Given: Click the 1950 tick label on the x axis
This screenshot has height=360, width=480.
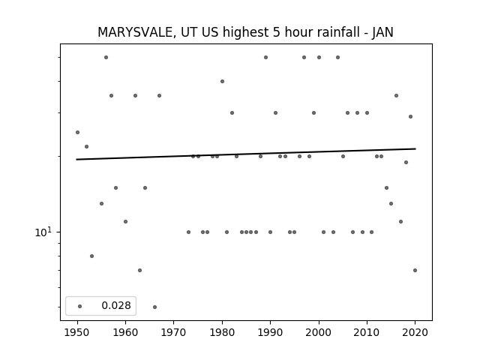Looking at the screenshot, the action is [x=77, y=332].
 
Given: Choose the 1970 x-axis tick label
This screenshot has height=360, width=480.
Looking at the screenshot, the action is [x=173, y=332].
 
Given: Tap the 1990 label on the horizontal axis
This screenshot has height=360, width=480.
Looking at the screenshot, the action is [x=270, y=332].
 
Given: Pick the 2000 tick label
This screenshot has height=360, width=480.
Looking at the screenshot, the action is [x=318, y=332].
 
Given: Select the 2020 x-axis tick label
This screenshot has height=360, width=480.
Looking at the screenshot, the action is [x=415, y=332].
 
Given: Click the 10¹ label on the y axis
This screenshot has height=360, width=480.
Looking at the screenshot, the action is [x=43, y=232].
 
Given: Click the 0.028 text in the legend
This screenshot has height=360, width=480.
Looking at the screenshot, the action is [x=116, y=305].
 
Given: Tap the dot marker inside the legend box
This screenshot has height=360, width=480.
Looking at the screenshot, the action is [x=80, y=306].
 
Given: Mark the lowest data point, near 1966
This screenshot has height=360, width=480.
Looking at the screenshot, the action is [x=154, y=307].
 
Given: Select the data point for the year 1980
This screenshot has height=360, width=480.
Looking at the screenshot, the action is [x=222, y=82].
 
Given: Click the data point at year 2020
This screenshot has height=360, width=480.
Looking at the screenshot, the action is [x=415, y=270].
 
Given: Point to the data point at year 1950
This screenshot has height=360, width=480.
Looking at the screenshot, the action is [x=77, y=132].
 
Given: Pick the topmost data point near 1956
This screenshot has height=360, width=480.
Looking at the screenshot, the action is [x=106, y=57].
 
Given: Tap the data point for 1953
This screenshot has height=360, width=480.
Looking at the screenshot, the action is [x=91, y=256].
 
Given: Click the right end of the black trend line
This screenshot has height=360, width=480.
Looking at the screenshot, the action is [x=415, y=148].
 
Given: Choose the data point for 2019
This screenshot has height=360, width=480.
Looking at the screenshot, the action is [x=410, y=117].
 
